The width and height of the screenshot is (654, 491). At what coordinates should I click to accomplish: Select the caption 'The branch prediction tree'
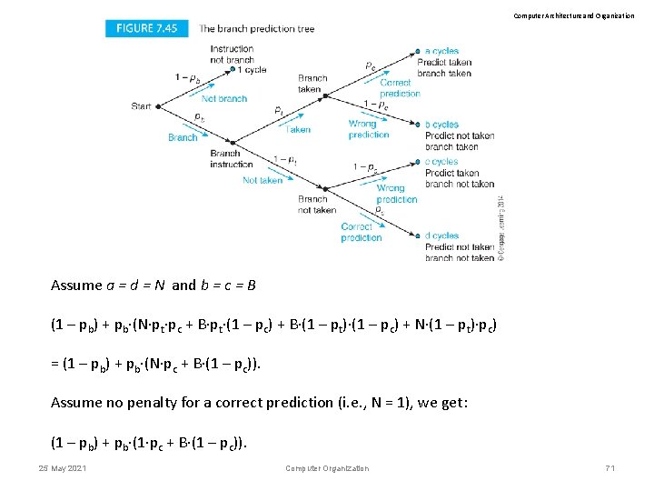256,29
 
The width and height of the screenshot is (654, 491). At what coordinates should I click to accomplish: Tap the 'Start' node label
141,106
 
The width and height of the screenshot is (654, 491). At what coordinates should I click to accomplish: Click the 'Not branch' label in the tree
224,98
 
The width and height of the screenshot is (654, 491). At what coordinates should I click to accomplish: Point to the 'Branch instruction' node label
231,159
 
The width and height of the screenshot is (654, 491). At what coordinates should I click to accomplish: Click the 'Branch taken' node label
312,84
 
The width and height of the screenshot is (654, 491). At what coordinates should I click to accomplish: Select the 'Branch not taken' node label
317,205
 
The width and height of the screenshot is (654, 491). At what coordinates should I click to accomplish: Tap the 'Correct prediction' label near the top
400,88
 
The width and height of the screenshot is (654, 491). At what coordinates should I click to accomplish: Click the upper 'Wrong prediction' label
369,129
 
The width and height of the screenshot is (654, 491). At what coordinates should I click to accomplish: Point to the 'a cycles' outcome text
442,51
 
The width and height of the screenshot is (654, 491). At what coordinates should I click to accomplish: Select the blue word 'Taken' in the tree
298,129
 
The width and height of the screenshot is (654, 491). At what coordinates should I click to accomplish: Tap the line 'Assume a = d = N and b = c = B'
154,286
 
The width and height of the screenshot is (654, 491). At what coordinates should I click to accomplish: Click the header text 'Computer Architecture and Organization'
574,15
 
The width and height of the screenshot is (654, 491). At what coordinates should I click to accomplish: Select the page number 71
609,468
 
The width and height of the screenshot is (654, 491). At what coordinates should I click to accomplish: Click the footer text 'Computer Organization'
327,468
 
